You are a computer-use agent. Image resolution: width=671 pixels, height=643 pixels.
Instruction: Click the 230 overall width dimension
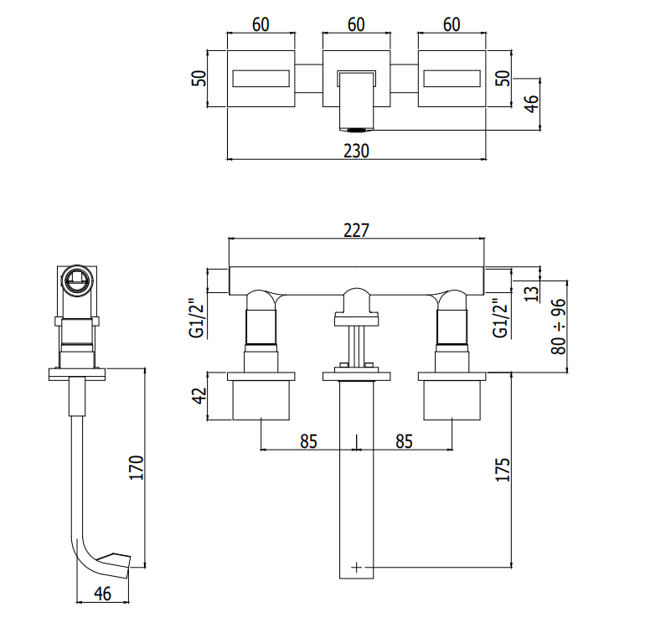[x=356, y=151]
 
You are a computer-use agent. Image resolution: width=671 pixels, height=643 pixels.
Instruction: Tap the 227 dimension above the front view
[x=356, y=230]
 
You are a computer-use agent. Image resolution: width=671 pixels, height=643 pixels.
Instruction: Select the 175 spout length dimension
[x=503, y=470]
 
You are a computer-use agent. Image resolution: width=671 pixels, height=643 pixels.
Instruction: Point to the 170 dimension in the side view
[x=137, y=467]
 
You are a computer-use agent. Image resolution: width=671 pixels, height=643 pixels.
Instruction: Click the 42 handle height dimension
[x=199, y=396]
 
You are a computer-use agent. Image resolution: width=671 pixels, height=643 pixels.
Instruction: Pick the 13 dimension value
[x=531, y=294]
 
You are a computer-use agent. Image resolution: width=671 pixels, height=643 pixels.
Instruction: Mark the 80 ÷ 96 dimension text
[x=559, y=327]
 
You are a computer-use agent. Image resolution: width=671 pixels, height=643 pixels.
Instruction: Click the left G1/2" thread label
[x=199, y=318]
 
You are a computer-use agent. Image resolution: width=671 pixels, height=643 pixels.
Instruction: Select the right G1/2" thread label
[x=501, y=318]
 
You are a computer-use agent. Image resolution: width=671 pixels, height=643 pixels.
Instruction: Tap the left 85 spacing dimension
[x=308, y=441]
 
